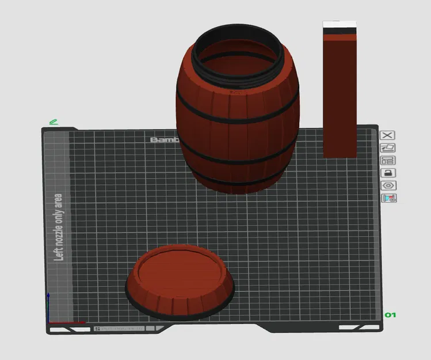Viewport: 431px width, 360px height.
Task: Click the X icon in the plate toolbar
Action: (388, 135)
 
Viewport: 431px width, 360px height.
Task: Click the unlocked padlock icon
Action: (388, 173)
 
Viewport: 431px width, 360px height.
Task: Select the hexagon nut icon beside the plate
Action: (388, 185)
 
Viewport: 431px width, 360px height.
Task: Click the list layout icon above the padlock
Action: (388, 160)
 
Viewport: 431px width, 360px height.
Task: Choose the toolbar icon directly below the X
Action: (388, 147)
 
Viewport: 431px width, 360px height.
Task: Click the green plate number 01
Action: (390, 315)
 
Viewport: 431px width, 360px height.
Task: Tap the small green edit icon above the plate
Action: (54, 122)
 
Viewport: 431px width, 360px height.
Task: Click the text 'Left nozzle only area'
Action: (58, 227)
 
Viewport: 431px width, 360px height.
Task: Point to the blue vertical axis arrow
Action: (49, 305)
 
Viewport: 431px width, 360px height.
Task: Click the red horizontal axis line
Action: (66, 322)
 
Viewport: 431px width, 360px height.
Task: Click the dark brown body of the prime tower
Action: (340, 98)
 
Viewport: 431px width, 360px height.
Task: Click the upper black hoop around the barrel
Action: (237, 115)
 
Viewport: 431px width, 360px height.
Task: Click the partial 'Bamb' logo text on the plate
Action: (165, 140)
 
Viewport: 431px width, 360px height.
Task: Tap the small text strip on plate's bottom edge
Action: (120, 328)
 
